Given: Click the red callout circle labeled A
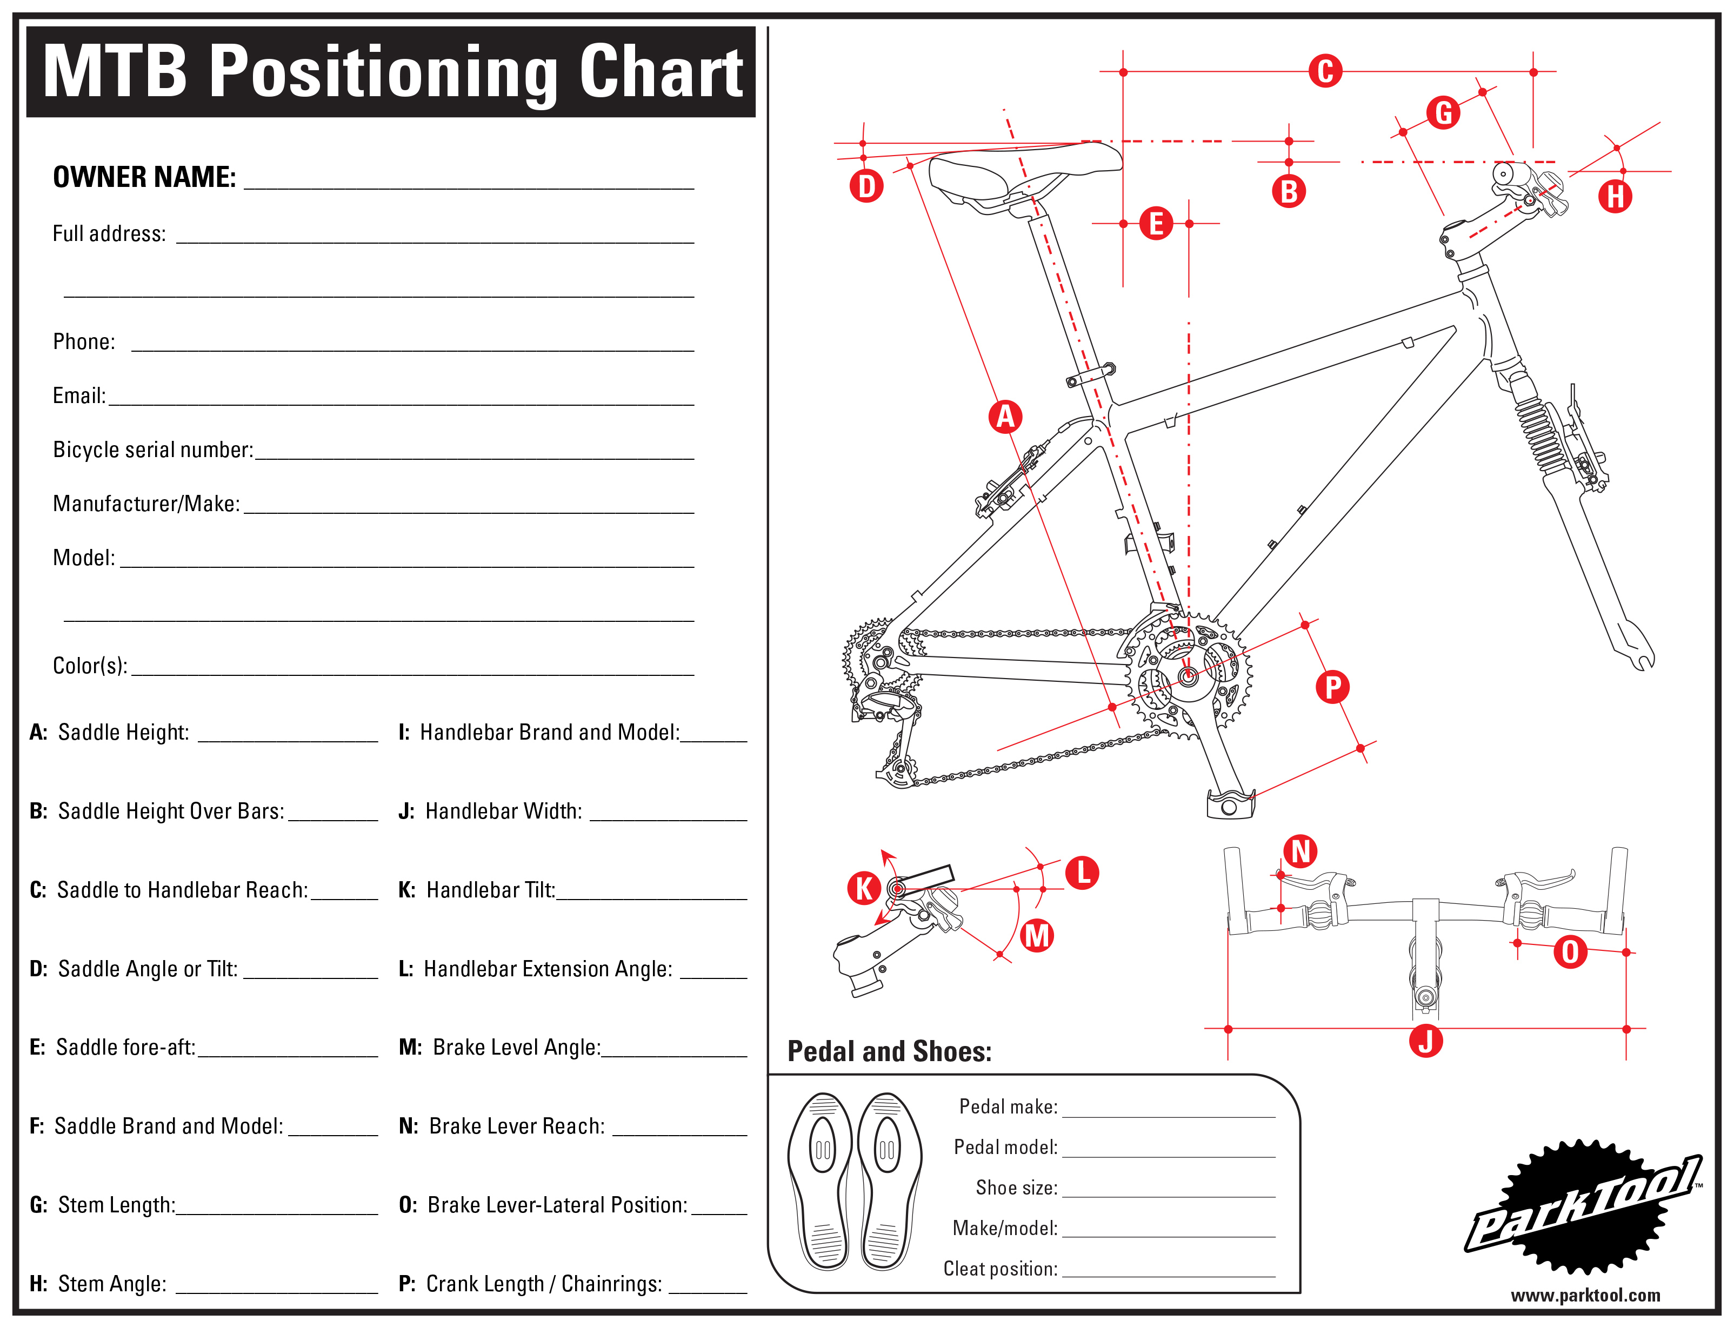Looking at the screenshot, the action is pyautogui.click(x=1005, y=417).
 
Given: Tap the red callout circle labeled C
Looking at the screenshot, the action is pyautogui.click(x=1325, y=71).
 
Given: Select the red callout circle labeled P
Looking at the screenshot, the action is pyautogui.click(x=1332, y=687).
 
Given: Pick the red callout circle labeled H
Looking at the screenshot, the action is pyautogui.click(x=1616, y=196).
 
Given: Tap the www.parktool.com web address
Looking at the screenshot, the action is pyautogui.click(x=1585, y=1296).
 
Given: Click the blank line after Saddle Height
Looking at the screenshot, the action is pyautogui.click(x=288, y=741).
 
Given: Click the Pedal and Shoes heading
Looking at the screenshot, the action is pyautogui.click(x=890, y=1051).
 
